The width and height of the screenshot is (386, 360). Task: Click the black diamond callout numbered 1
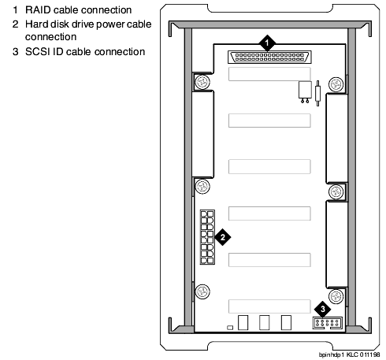click(267, 43)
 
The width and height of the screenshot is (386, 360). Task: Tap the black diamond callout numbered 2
click(223, 237)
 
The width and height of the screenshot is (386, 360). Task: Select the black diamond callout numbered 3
click(323, 309)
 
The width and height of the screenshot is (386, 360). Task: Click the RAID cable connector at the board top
click(269, 57)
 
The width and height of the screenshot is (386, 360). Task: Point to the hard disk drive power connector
click(207, 237)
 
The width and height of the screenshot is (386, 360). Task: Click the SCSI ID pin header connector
click(328, 323)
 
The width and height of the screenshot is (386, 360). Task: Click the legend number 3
click(16, 52)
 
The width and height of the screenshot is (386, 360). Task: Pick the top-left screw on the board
click(202, 82)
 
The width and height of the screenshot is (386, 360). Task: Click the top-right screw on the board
click(336, 84)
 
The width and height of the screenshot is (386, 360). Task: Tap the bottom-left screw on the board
click(202, 291)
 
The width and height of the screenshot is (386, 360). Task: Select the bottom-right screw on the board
click(336, 296)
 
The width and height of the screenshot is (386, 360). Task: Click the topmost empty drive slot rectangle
click(269, 74)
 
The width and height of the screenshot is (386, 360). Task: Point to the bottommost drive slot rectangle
click(269, 306)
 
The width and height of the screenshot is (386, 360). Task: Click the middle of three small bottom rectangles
click(264, 322)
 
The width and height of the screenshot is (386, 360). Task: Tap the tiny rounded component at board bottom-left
click(230, 328)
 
